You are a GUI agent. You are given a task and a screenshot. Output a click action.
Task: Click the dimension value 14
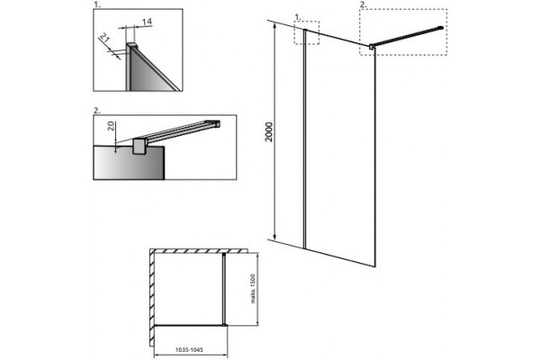tap(147, 22)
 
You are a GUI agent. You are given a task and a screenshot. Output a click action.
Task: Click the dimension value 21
tap(104, 38)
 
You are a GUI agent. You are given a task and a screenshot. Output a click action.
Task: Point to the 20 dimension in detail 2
tap(111, 125)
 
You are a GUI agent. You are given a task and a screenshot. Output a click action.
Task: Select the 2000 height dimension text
tap(269, 131)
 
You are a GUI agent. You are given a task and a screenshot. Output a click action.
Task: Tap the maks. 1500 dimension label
tap(253, 289)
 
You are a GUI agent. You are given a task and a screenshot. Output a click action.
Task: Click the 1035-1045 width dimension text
tap(189, 350)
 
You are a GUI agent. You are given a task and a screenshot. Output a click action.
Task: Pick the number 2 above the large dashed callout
tap(363, 4)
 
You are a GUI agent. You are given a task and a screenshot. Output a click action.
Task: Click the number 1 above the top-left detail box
tap(97, 4)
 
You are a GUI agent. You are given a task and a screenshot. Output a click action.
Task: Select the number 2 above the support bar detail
tap(97, 110)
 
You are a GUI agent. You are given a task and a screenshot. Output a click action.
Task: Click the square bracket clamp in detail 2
tap(139, 147)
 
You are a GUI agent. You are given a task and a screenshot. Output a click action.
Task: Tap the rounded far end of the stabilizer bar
tap(440, 28)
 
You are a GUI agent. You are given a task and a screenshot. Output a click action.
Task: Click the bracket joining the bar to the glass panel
tap(371, 46)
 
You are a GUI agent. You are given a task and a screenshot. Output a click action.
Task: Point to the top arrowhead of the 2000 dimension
tap(274, 26)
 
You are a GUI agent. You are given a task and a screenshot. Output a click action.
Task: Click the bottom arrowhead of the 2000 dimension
tap(274, 237)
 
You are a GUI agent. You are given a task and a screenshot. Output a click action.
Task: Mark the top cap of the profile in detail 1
tap(132, 45)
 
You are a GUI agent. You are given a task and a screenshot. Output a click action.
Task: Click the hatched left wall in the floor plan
tap(152, 297)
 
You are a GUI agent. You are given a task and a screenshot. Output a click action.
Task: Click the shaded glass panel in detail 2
tap(129, 163)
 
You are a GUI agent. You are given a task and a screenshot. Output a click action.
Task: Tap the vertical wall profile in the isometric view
tap(305, 139)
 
